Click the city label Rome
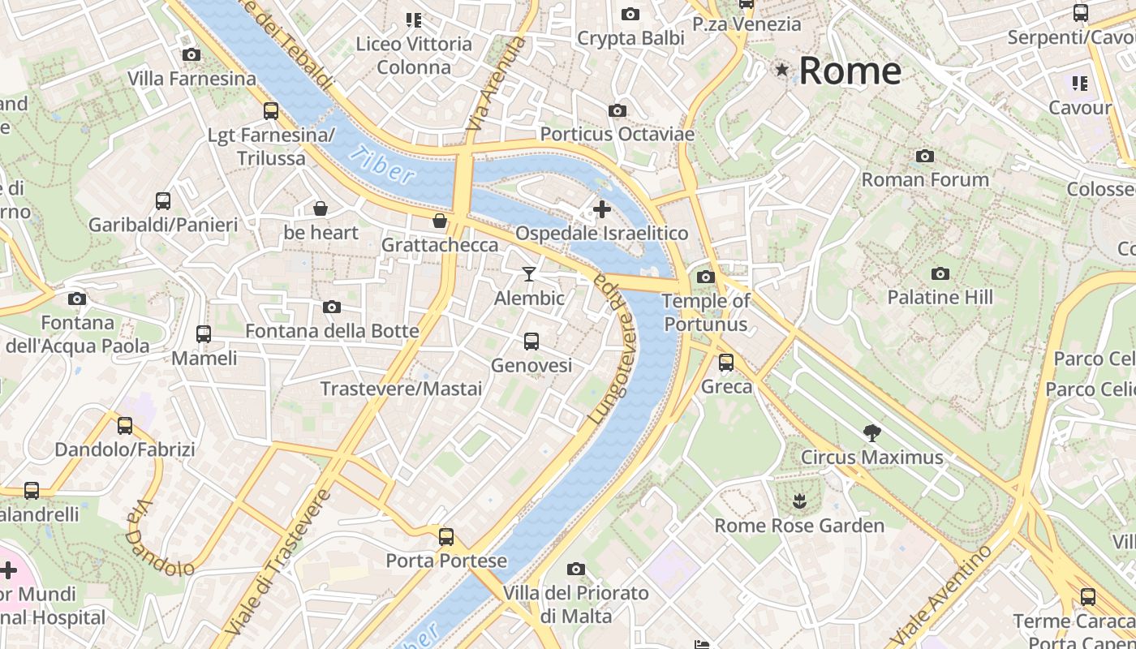[850, 71]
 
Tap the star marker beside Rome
[782, 70]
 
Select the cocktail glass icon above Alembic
[529, 274]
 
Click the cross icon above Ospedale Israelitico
[602, 209]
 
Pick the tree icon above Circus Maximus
[872, 433]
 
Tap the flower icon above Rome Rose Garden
[800, 501]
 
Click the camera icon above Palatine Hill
[940, 273]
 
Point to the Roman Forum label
[925, 179]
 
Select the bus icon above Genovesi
[531, 342]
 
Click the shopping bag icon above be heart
[321, 209]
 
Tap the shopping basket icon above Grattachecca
[440, 221]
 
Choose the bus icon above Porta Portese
[446, 536]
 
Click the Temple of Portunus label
[705, 312]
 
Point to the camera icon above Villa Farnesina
[191, 55]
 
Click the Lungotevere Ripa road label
[614, 349]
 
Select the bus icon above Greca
[726, 363]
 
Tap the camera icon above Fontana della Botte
[332, 307]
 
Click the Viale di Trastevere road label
[278, 561]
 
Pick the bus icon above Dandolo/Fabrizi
[125, 426]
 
